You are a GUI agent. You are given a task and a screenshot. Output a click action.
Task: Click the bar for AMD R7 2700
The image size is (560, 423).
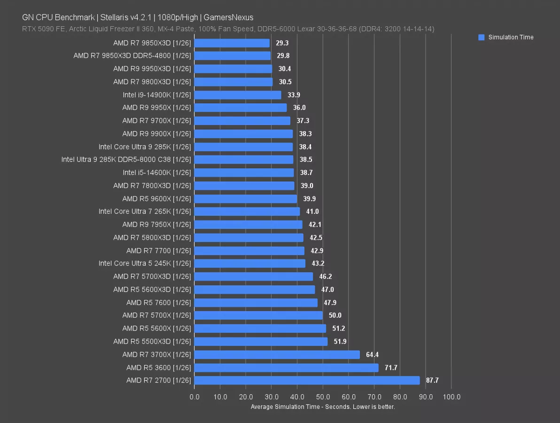306,380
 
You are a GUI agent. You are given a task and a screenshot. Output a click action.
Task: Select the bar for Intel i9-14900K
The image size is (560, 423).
237,95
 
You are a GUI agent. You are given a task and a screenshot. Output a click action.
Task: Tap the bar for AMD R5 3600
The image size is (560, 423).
286,368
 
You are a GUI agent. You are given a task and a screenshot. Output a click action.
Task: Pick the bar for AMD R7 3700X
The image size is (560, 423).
276,354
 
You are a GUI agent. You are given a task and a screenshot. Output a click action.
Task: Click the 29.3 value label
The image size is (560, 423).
282,43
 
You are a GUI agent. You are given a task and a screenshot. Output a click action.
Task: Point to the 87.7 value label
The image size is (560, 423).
432,380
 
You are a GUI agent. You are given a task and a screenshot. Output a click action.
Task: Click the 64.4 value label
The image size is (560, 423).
372,354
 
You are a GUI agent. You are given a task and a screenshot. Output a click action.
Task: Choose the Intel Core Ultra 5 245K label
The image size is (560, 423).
145,263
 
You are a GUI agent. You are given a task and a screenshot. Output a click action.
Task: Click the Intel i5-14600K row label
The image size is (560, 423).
156,172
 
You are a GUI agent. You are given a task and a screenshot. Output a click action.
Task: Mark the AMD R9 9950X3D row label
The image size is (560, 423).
152,69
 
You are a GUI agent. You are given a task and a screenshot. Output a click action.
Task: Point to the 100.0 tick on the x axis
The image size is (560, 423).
451,397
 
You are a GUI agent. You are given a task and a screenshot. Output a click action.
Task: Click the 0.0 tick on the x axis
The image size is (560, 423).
194,397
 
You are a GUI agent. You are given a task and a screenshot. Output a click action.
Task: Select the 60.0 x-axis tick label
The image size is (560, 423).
349,397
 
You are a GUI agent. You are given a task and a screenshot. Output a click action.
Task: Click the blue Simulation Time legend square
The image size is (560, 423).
481,38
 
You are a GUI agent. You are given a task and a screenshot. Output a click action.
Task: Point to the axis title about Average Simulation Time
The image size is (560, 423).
323,407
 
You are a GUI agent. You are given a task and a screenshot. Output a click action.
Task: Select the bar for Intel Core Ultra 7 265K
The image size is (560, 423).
247,211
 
